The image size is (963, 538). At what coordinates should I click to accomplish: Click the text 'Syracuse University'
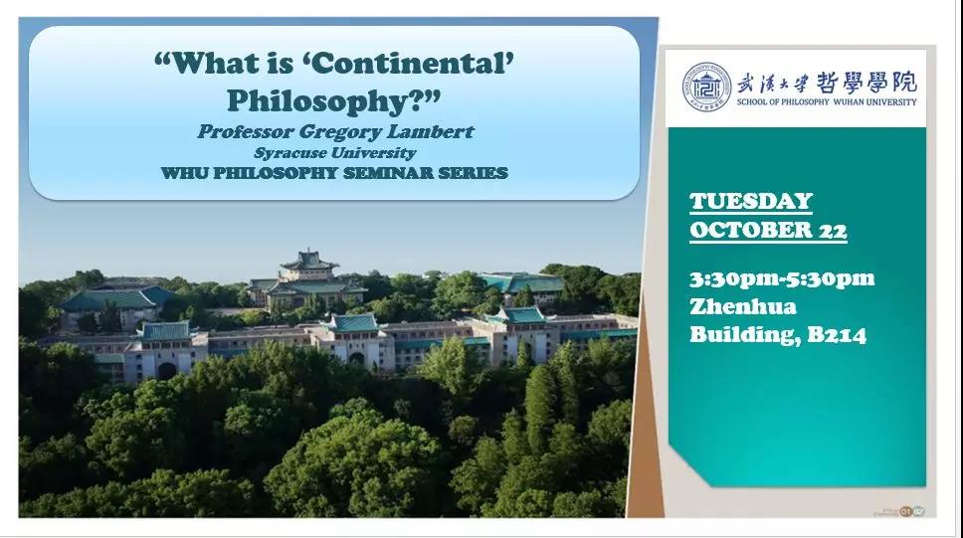pos(335,153)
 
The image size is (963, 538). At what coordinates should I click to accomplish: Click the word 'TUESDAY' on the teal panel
pos(751,202)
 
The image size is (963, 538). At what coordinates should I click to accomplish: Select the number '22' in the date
pos(833,231)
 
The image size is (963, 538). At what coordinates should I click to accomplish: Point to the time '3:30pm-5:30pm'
pos(782,278)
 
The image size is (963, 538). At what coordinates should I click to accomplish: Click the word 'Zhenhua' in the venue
pos(743,306)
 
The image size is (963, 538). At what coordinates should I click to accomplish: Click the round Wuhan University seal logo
pos(707,87)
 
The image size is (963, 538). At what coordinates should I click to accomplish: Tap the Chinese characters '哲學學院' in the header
pos(867,82)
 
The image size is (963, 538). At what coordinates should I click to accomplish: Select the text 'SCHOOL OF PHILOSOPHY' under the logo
pos(783,102)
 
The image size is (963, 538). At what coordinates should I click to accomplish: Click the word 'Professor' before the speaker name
pos(246,132)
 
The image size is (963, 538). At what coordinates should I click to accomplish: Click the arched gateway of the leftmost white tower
pos(167,370)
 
